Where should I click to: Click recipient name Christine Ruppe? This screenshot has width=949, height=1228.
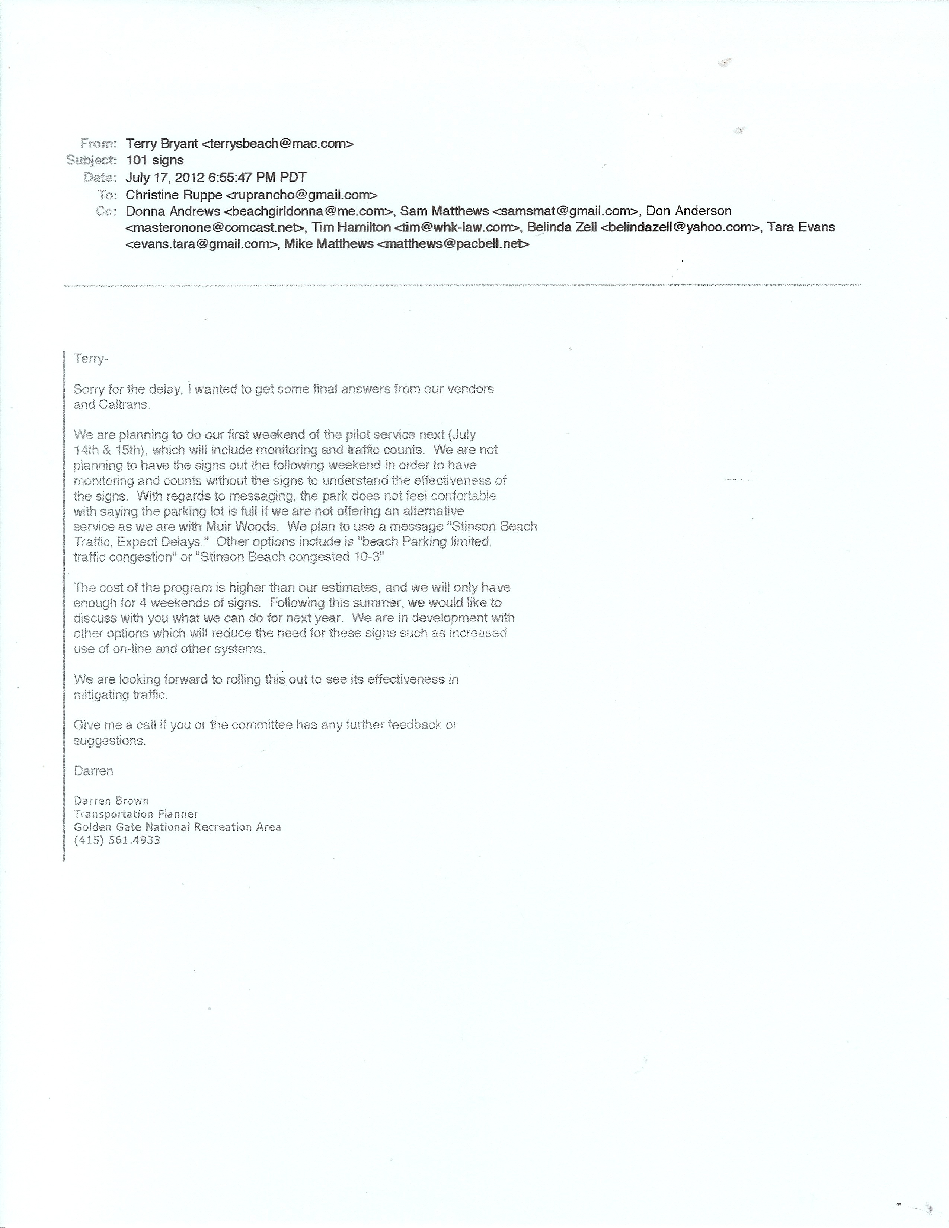pos(174,195)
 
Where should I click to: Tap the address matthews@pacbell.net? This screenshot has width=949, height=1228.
pos(453,244)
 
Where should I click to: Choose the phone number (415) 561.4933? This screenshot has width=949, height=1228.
pos(117,840)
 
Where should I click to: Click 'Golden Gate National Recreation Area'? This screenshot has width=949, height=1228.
pos(177,827)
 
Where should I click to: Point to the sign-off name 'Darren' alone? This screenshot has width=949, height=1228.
pos(93,771)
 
